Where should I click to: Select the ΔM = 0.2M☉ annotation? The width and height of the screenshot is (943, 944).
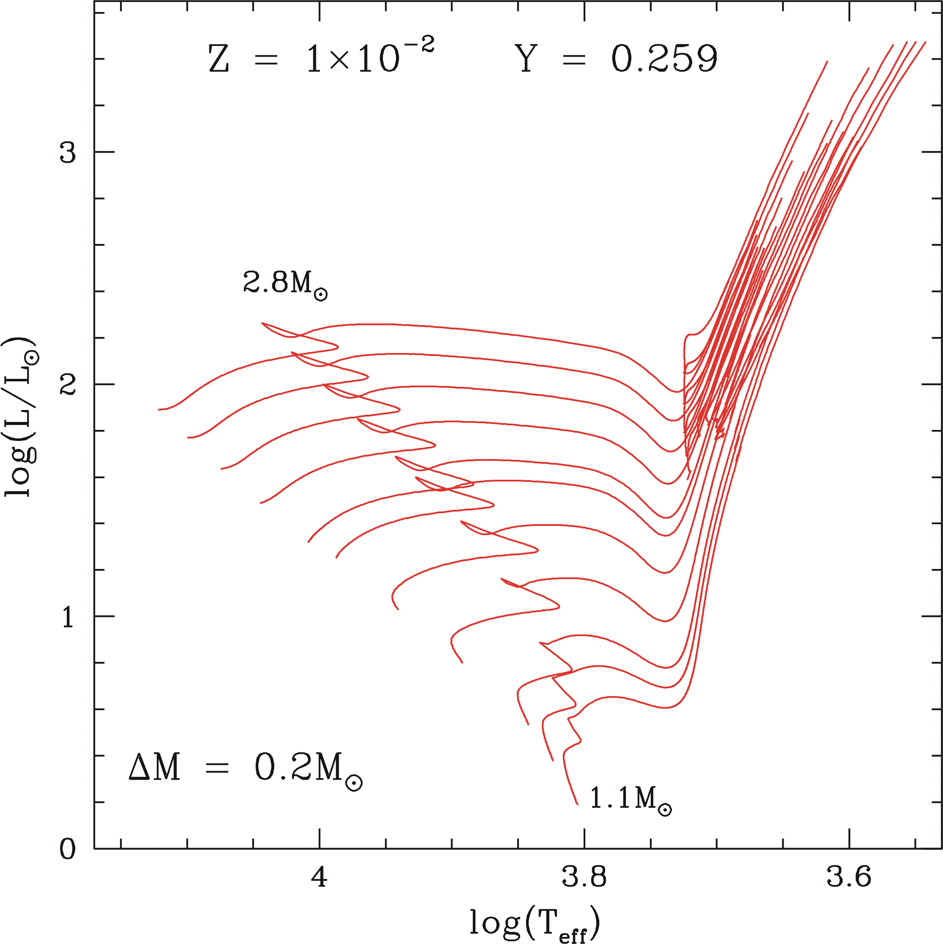[x=245, y=768]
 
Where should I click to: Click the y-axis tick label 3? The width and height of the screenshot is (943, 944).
[x=68, y=153]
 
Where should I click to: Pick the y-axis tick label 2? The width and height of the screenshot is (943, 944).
[x=68, y=385]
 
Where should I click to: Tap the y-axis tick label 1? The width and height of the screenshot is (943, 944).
[x=68, y=618]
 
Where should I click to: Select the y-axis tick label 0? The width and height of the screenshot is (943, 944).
[x=68, y=850]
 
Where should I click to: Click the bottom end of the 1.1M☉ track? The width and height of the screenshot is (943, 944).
[x=577, y=804]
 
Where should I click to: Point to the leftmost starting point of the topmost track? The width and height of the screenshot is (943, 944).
[x=159, y=410]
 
